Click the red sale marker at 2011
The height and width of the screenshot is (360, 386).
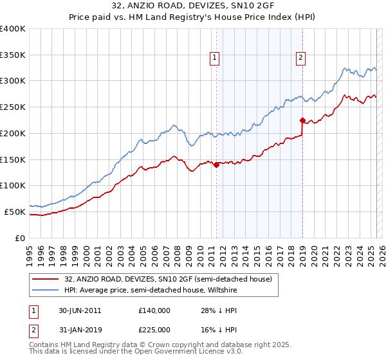(x=216, y=165)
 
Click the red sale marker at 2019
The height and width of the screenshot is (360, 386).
(x=302, y=120)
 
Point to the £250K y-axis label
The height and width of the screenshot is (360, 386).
(x=13, y=107)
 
